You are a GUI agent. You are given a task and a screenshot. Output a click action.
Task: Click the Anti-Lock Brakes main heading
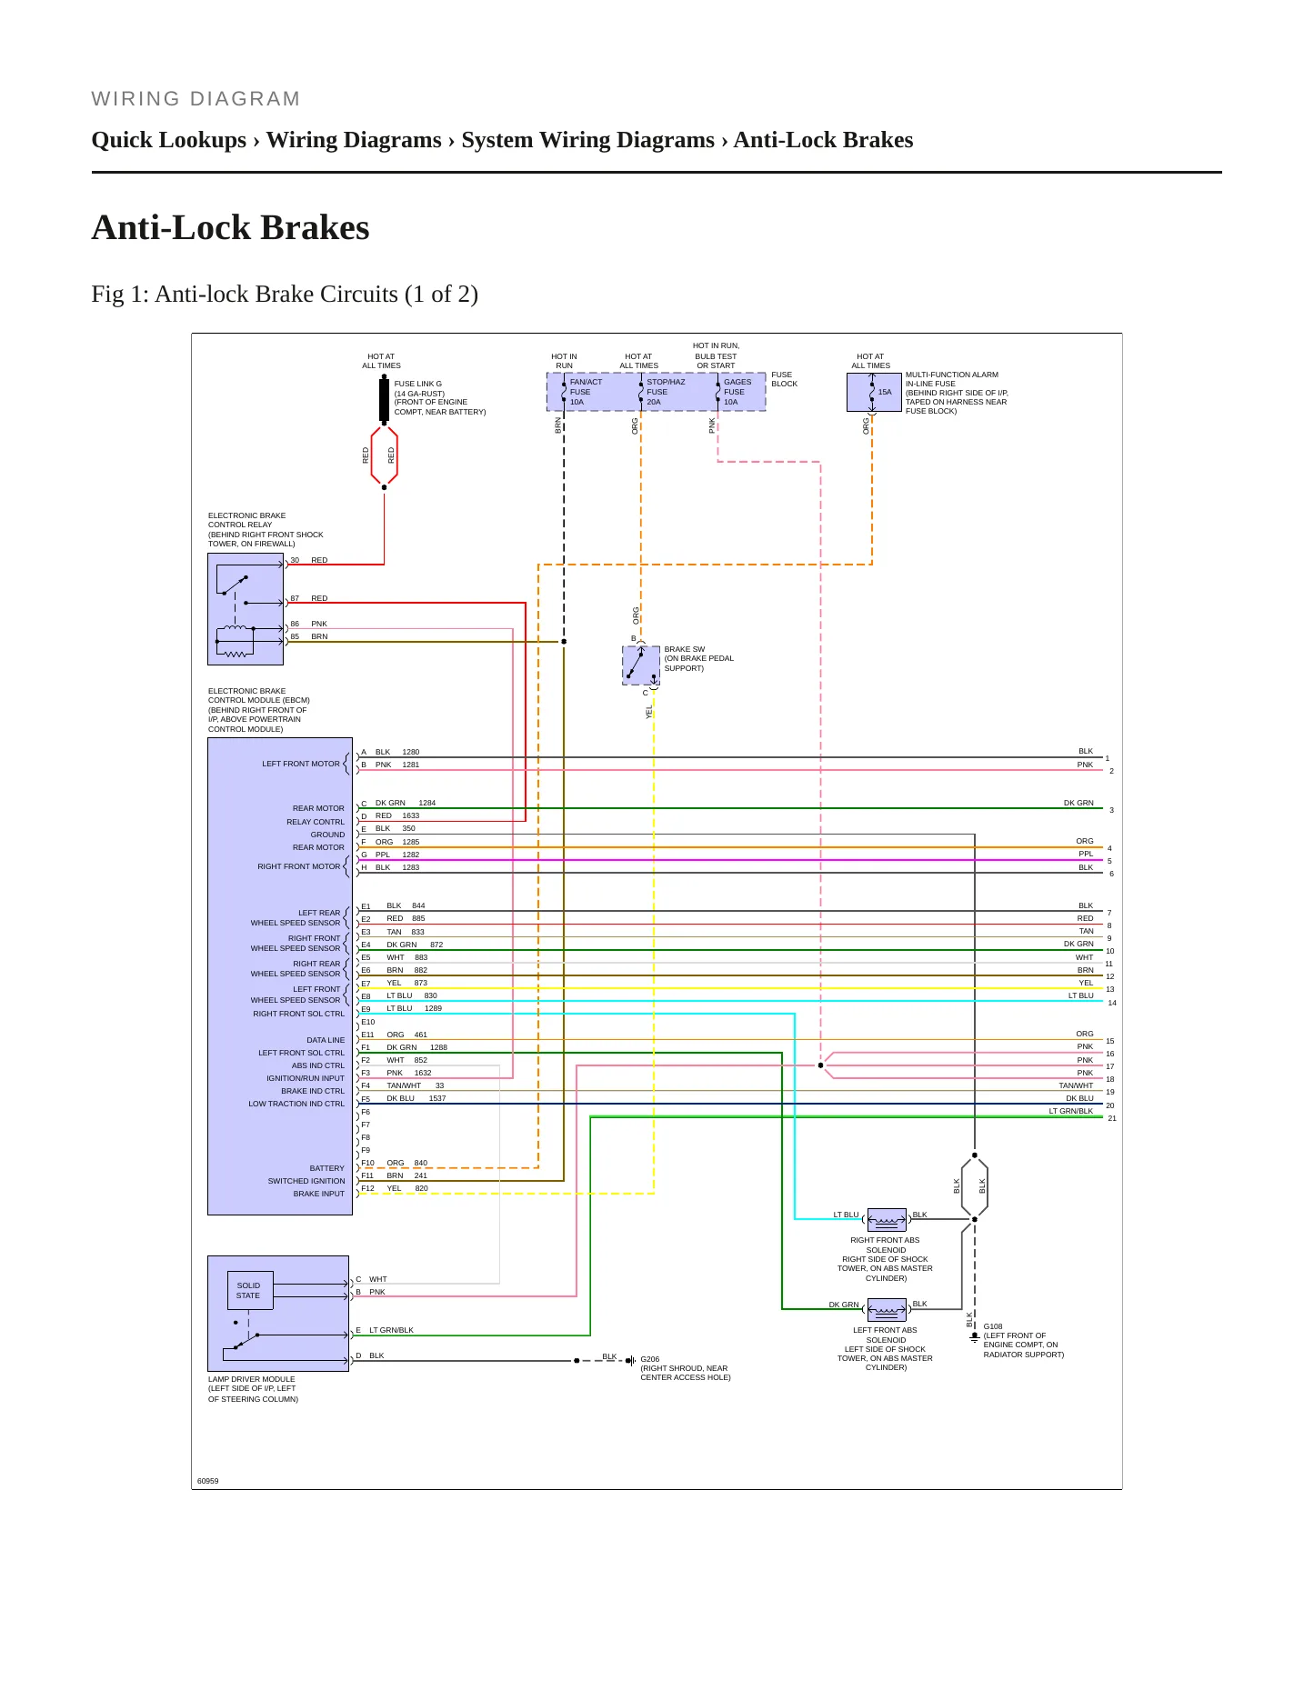230,227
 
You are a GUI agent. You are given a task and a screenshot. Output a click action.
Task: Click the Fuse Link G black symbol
384,400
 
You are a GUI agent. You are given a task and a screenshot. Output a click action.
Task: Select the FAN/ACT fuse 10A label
586,392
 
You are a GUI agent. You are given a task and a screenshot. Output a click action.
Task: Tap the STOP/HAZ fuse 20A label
666,392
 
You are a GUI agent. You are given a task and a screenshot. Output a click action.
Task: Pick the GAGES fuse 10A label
737,392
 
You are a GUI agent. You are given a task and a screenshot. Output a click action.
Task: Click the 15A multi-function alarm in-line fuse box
874,392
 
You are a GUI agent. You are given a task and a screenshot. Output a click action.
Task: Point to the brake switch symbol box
641,665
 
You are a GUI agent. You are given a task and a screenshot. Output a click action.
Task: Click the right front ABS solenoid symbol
887,1219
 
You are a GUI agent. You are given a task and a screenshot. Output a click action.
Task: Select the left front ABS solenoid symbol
887,1309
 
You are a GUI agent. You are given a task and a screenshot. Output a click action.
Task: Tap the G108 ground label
993,1326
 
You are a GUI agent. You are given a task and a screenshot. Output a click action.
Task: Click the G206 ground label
650,1359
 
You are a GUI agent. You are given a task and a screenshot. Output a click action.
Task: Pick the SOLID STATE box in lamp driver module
249,1290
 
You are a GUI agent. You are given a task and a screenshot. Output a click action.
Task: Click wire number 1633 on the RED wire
411,815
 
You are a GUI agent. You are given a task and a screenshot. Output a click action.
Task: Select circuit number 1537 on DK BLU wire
437,1098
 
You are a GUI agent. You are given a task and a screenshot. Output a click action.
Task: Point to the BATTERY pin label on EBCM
327,1168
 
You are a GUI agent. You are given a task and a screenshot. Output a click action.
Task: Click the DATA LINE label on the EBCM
326,1040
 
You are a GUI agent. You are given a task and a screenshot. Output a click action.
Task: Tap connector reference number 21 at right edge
1112,1118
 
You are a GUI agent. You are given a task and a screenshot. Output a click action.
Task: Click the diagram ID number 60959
208,1481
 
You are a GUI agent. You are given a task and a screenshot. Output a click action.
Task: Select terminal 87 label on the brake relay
295,598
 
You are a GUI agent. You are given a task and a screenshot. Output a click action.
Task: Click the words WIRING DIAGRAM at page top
196,99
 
